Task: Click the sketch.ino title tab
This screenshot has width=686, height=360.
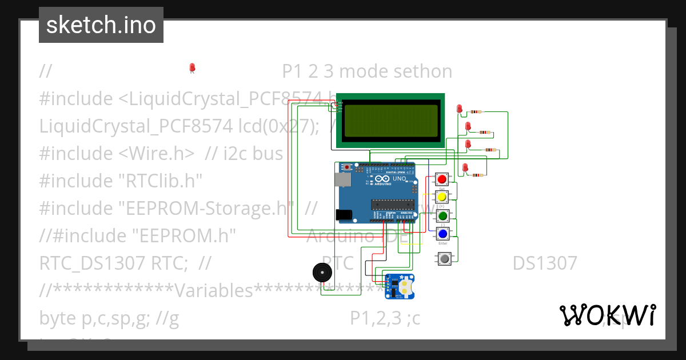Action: point(101,25)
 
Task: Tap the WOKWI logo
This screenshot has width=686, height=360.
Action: point(607,315)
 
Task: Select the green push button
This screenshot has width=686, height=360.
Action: point(442,216)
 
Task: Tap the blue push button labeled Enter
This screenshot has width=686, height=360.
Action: point(442,233)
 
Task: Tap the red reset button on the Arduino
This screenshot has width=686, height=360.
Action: point(347,167)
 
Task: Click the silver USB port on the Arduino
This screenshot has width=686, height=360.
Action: point(342,179)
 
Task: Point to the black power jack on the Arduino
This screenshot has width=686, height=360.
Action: point(344,215)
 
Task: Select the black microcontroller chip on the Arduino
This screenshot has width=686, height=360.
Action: point(392,204)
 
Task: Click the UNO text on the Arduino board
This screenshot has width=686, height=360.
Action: point(399,179)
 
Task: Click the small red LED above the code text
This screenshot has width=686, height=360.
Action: point(192,68)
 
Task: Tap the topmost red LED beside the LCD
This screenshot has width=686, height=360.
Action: point(460,109)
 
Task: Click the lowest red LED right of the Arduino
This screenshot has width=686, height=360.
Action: point(465,167)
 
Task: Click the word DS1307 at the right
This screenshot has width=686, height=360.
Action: point(544,263)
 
